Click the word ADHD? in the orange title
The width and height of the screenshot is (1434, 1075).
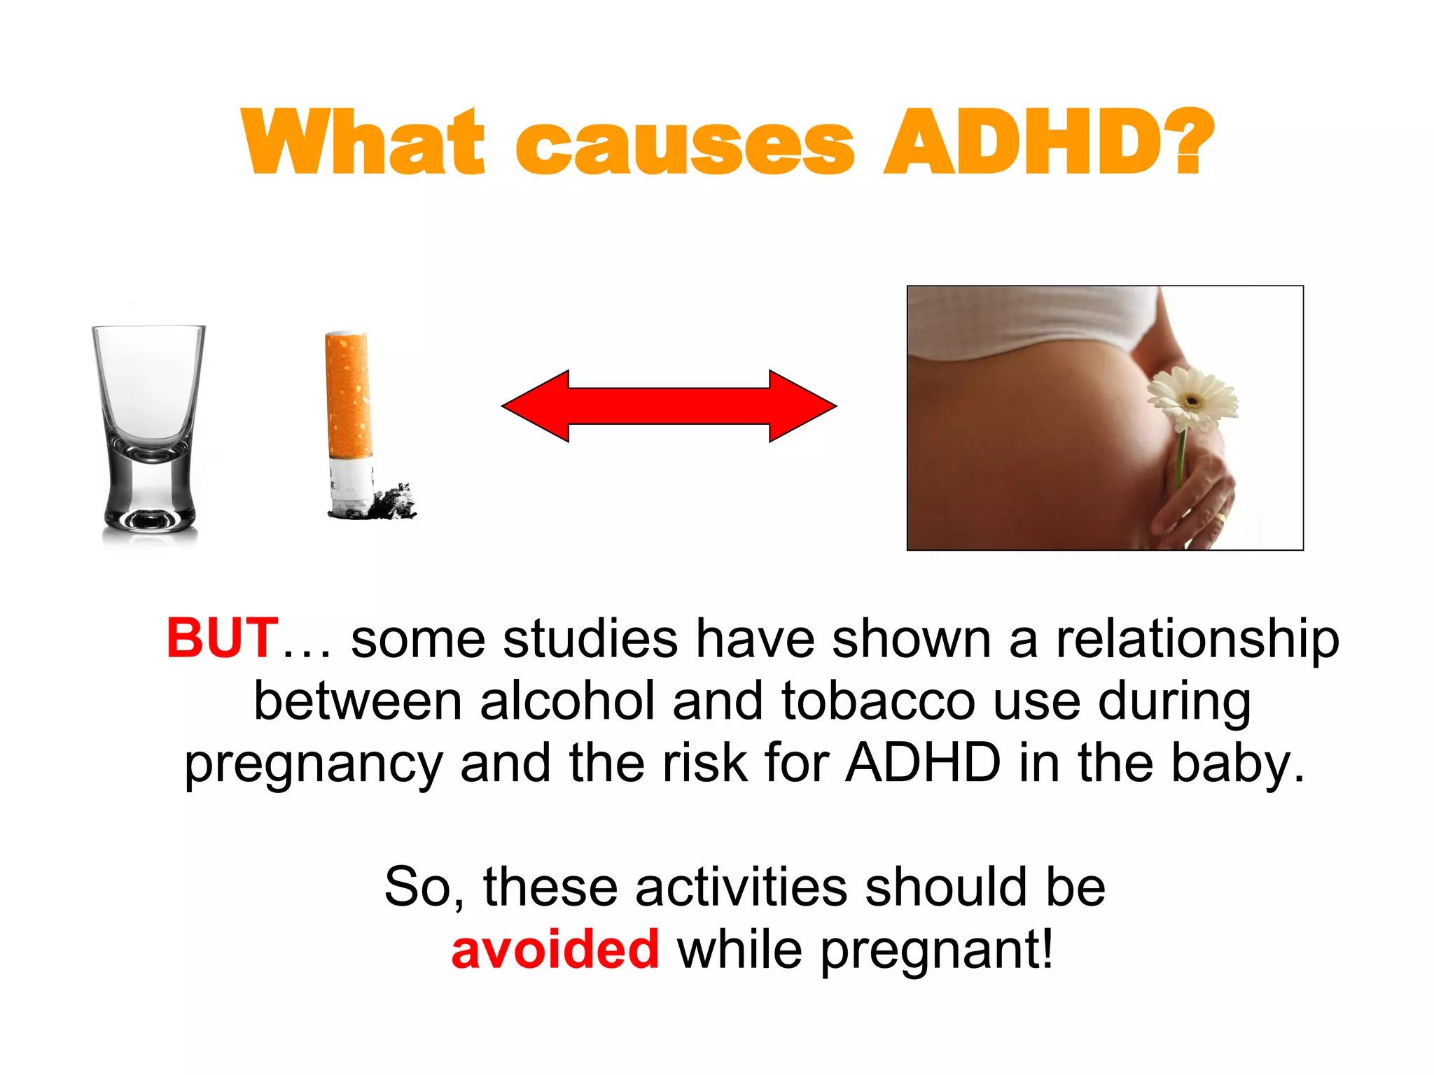[1048, 142]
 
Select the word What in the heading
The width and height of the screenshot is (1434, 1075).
[363, 142]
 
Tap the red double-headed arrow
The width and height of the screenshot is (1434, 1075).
[669, 406]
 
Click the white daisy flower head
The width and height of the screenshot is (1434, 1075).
[1192, 399]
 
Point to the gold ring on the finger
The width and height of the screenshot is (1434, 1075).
[1220, 518]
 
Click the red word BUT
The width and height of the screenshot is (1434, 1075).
[223, 638]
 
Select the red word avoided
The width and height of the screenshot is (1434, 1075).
[555, 950]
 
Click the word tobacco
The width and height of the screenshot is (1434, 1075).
[878, 701]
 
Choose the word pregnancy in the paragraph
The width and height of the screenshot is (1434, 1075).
[313, 764]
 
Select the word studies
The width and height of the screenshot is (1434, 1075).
[590, 638]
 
